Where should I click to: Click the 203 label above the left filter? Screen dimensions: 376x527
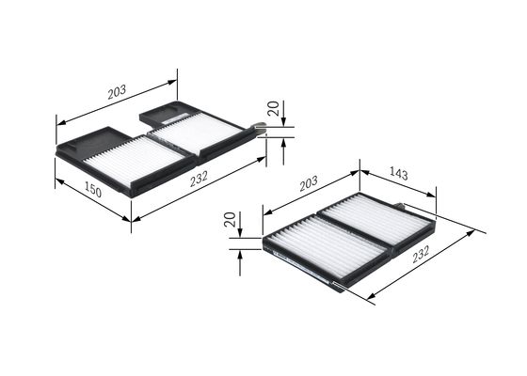(x=117, y=91)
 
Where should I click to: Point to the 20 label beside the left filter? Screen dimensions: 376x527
(x=272, y=109)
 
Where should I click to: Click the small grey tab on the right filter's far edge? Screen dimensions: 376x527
(x=402, y=206)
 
